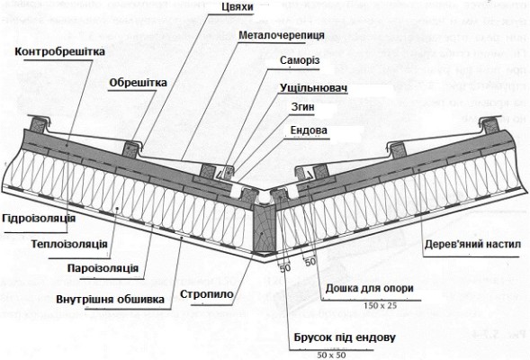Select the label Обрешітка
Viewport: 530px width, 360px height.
tap(138, 83)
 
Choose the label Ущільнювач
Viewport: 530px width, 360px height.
tap(313, 92)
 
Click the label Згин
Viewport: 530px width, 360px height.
tap(302, 112)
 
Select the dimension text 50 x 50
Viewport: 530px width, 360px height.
tap(334, 353)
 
